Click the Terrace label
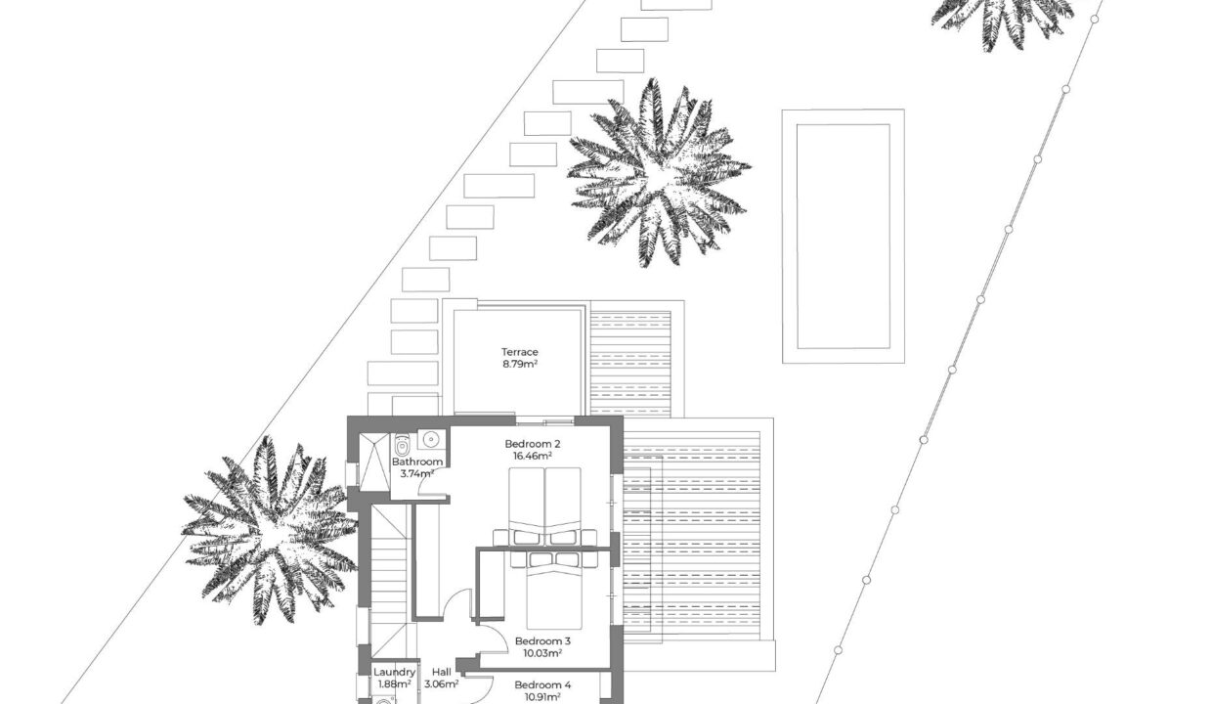(519, 352)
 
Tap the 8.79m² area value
(519, 364)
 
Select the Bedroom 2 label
(533, 444)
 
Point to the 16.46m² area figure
(533, 456)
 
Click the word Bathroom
(417, 462)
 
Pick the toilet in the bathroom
(402, 446)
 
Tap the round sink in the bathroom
(431, 439)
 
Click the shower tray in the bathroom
(374, 462)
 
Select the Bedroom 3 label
(542, 641)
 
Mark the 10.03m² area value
(542, 653)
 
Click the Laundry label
(395, 672)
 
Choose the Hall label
(442, 672)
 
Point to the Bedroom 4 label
(542, 685)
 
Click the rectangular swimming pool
(843, 236)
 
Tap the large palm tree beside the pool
(658, 173)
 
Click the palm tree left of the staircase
(270, 531)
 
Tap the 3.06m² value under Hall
(442, 684)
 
